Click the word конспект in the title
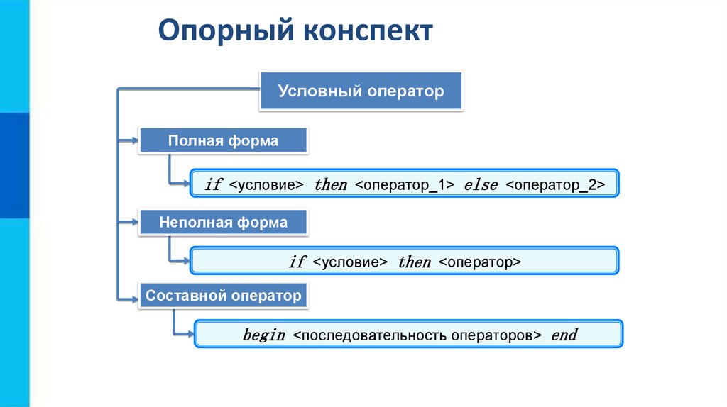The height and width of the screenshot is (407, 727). [x=369, y=33]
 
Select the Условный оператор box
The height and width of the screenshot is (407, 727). [x=361, y=91]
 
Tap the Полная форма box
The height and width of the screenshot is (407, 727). [x=223, y=141]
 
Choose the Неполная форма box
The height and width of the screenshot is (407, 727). [x=223, y=223]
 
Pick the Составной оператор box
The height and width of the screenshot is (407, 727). [x=224, y=295]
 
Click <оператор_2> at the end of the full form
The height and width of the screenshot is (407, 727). [x=555, y=185]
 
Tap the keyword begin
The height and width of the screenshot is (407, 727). [x=263, y=335]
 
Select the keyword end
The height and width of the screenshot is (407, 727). [x=564, y=335]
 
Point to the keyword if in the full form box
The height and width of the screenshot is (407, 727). [x=213, y=185]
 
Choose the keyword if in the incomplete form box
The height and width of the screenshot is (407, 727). [x=297, y=262]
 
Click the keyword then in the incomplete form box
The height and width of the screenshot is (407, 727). [x=414, y=262]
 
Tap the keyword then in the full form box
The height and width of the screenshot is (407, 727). [x=330, y=185]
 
